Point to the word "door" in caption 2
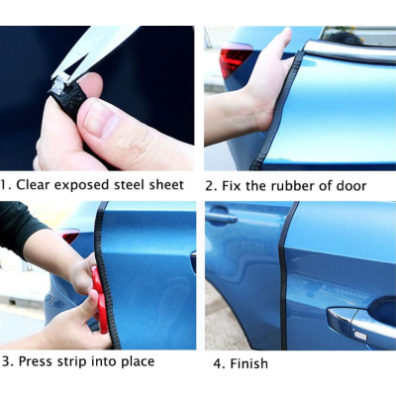pyautogui.click(x=351, y=186)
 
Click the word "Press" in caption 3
pyautogui.click(x=36, y=361)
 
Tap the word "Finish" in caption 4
pyautogui.click(x=248, y=363)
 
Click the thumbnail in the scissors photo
pyautogui.click(x=100, y=119)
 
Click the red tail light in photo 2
pyautogui.click(x=235, y=60)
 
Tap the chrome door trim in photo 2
pyautogui.click(x=348, y=51)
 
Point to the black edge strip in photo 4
pyautogui.click(x=284, y=275)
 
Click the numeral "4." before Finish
pyautogui.click(x=219, y=363)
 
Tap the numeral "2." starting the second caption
pyautogui.click(x=211, y=186)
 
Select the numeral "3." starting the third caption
pyautogui.click(x=8, y=361)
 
